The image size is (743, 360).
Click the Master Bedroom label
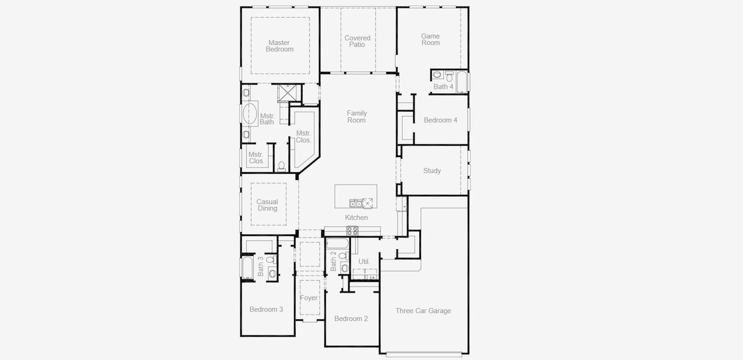(x=280, y=46)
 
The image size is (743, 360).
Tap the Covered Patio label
(x=357, y=41)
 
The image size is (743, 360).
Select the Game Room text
(x=431, y=40)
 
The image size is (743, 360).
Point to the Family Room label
(x=357, y=117)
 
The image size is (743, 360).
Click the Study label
(x=432, y=171)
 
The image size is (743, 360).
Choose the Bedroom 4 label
(x=440, y=121)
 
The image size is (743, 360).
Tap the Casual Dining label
(x=267, y=205)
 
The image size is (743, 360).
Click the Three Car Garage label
(x=423, y=311)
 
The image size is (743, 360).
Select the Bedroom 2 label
(x=351, y=319)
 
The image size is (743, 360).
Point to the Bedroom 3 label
(x=266, y=310)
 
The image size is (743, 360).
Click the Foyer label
(x=309, y=298)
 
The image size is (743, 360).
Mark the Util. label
(x=364, y=262)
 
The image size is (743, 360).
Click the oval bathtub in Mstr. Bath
(x=249, y=113)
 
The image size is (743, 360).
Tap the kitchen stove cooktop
(x=353, y=230)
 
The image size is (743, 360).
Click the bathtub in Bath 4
(x=462, y=82)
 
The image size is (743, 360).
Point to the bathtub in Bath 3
(x=246, y=267)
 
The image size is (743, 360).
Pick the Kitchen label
(x=356, y=218)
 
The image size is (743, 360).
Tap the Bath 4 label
(x=443, y=87)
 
